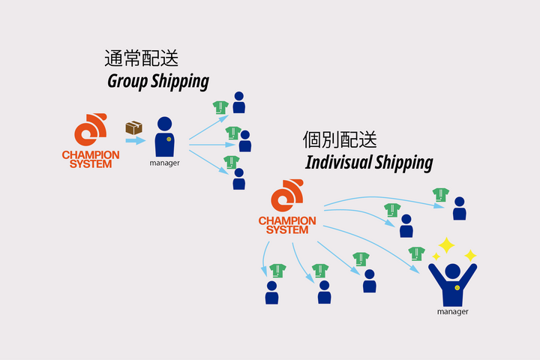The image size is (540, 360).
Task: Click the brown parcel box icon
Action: click(134, 127)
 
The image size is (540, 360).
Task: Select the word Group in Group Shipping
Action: click(130, 81)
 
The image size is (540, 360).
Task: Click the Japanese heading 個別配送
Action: click(340, 139)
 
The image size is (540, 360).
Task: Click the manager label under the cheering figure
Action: click(452, 310)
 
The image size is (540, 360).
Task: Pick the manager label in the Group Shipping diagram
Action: click(164, 162)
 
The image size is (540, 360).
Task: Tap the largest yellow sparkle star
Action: click(446, 245)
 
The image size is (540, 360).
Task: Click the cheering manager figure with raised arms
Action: click(452, 282)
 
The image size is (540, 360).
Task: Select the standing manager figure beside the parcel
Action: click(164, 137)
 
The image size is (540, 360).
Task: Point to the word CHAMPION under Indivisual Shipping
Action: click(288, 220)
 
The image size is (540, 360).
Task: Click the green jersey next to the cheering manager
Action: click(417, 254)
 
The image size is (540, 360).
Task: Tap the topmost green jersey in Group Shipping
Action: click(220, 107)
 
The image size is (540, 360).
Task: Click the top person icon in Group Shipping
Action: click(238, 102)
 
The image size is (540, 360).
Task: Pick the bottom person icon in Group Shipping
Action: click(238, 179)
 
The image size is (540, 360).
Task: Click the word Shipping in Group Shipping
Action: click(181, 81)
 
